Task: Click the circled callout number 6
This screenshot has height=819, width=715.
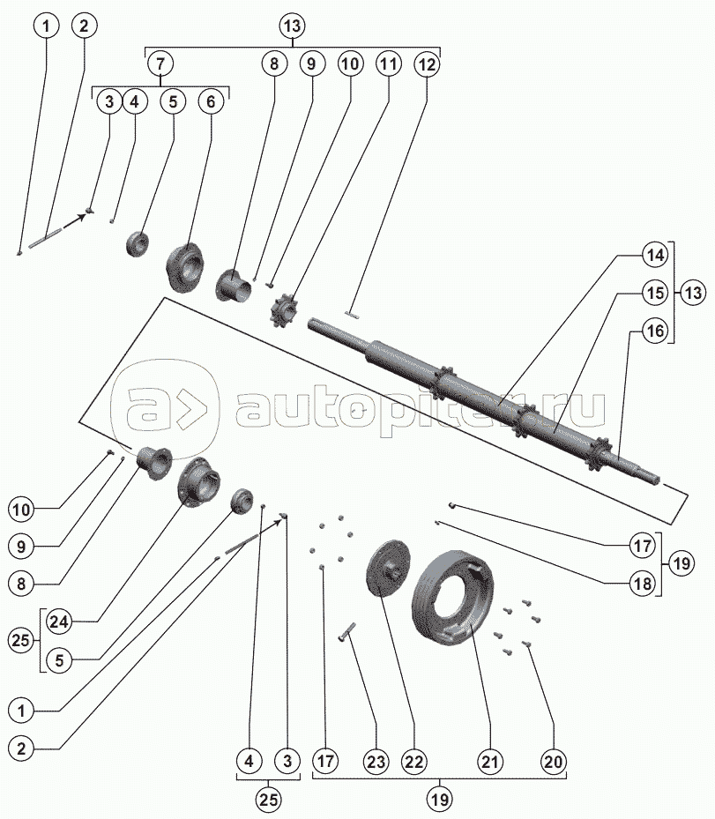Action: click(x=211, y=101)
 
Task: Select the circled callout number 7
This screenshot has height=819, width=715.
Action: click(x=160, y=63)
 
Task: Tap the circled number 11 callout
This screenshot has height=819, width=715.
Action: click(x=388, y=63)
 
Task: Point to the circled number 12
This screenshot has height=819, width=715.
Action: click(x=427, y=64)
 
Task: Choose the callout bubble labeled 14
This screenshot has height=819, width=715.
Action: click(x=655, y=255)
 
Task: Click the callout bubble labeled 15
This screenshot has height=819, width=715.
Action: click(x=655, y=293)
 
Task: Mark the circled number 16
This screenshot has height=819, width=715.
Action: click(x=655, y=331)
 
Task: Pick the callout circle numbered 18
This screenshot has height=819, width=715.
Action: click(x=643, y=583)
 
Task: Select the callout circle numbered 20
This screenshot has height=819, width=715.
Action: click(x=553, y=762)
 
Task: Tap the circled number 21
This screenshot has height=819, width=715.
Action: click(x=490, y=762)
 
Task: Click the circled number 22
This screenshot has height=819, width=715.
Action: click(x=414, y=762)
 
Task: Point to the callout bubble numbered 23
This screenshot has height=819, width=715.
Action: click(x=376, y=762)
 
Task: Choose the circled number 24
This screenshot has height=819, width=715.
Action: click(x=59, y=622)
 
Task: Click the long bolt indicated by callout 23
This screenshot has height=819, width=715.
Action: click(x=346, y=631)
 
